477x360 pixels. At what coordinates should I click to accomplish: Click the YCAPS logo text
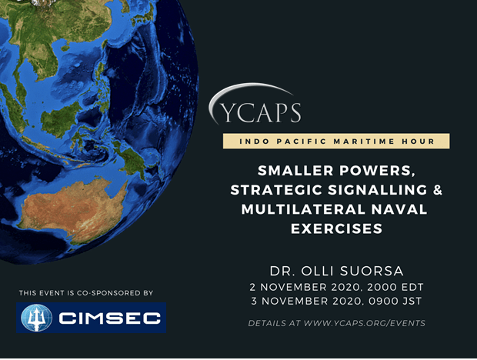[261, 112]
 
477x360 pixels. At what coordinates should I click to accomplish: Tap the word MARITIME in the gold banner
[364, 142]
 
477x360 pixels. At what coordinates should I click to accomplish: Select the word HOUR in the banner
[418, 142]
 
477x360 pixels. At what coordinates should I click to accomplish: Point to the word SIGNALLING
[378, 190]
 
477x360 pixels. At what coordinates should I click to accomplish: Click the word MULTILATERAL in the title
[302, 209]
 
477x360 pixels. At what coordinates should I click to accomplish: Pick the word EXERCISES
[336, 229]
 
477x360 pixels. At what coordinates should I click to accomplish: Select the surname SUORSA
[372, 272]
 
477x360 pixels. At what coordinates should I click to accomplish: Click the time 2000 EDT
[395, 287]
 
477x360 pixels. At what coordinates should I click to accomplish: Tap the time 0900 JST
[395, 301]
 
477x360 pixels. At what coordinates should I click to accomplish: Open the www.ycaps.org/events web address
[365, 323]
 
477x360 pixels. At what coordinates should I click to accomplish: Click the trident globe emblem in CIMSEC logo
[36, 318]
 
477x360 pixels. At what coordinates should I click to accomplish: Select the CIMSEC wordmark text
[109, 318]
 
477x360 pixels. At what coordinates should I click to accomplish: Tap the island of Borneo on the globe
[60, 119]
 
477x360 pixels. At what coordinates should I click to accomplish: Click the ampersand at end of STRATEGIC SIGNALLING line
[437, 190]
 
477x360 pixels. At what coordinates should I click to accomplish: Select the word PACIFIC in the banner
[301, 142]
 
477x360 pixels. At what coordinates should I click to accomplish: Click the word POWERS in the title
[377, 171]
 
